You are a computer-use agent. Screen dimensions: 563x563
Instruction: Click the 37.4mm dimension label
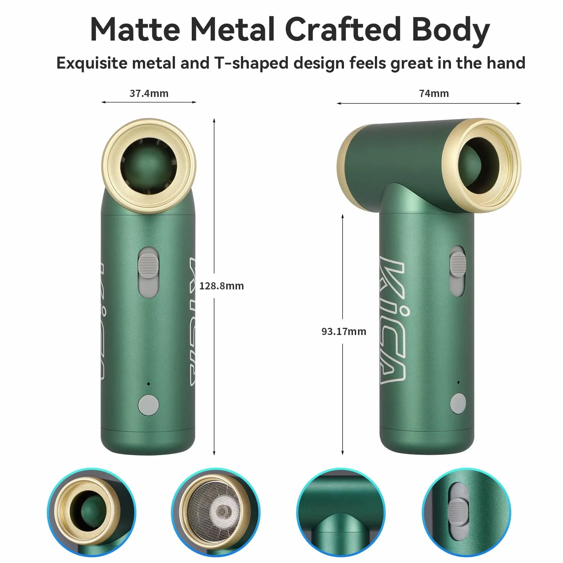click(x=149, y=93)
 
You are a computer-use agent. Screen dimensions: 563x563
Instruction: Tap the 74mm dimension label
click(x=434, y=93)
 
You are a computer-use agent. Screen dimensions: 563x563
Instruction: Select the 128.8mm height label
click(x=222, y=286)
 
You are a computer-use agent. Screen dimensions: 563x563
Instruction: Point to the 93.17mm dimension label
click(x=344, y=331)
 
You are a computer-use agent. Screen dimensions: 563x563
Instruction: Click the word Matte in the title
click(x=135, y=29)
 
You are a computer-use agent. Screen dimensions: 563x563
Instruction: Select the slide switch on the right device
click(x=457, y=267)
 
